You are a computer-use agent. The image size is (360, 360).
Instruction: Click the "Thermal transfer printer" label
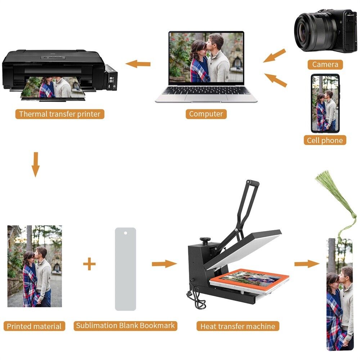tap(60, 114)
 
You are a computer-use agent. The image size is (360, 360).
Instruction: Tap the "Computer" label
tap(206, 114)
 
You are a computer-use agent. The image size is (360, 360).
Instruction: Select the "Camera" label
tap(325, 64)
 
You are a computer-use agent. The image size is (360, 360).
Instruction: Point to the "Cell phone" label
tap(325, 140)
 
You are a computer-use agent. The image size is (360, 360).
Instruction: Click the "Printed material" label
tap(34, 326)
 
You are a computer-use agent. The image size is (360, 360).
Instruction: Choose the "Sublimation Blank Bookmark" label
tap(125, 326)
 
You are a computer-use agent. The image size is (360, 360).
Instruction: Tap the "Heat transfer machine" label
tap(238, 326)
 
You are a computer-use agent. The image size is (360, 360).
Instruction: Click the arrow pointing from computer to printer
tap(138, 64)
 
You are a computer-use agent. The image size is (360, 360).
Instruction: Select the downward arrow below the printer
tap(35, 165)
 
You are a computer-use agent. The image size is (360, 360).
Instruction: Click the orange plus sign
tap(89, 264)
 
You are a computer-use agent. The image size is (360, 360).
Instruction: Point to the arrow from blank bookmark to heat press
tap(165, 264)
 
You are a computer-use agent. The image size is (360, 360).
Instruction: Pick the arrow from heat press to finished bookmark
tap(307, 264)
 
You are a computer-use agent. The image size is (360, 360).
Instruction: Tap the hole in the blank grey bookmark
tap(125, 233)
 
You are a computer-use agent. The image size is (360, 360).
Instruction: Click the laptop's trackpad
tap(206, 97)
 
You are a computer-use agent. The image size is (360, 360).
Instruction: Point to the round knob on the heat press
tap(205, 240)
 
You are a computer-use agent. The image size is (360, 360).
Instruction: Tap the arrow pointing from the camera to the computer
tap(275, 55)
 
